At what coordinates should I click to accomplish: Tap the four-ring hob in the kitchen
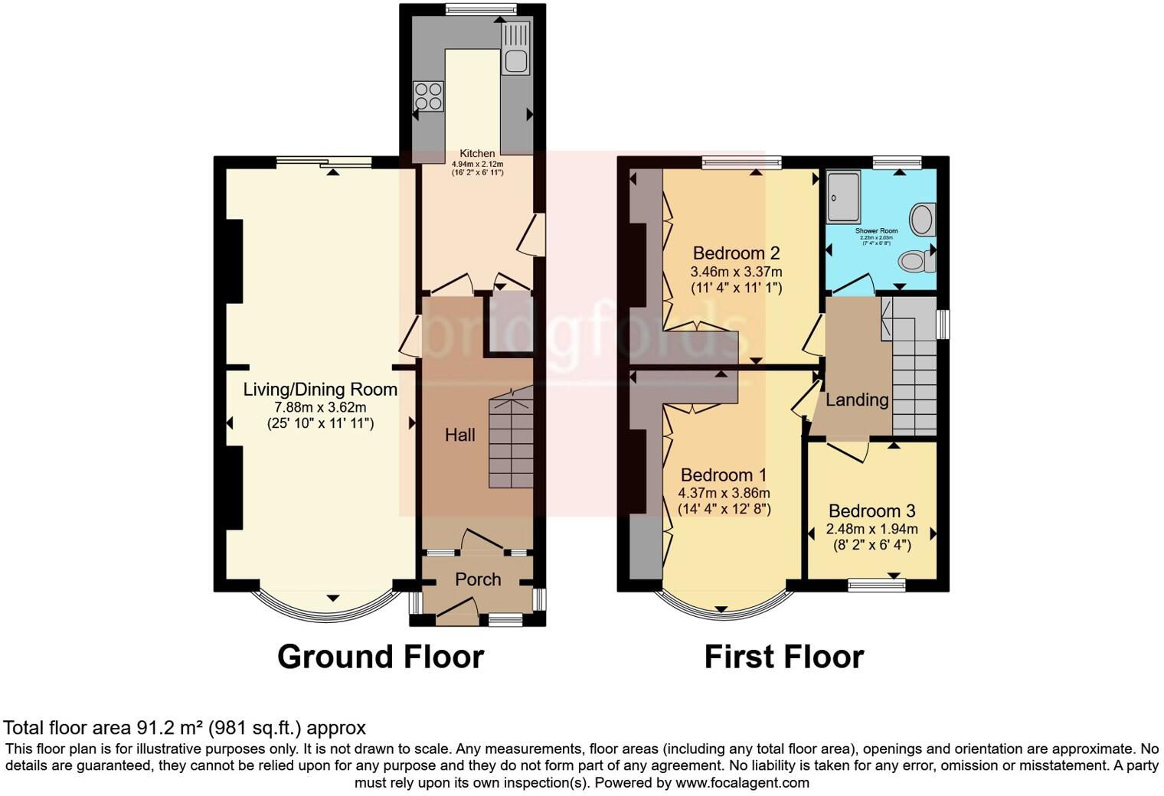(428, 96)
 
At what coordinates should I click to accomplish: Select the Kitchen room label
(477, 154)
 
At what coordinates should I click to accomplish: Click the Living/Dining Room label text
(320, 390)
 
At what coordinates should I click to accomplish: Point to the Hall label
(460, 436)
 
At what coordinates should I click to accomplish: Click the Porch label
(478, 579)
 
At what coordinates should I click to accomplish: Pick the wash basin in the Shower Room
(924, 220)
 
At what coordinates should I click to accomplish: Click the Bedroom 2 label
(736, 253)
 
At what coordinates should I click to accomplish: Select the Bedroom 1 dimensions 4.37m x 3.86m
(724, 494)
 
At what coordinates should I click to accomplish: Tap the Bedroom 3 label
(871, 511)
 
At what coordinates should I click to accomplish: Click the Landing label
(857, 400)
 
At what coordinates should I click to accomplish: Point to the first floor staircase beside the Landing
(914, 367)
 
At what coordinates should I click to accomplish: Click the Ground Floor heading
(380, 657)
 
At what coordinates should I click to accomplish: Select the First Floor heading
(783, 657)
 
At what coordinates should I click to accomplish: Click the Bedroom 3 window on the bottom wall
(877, 586)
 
